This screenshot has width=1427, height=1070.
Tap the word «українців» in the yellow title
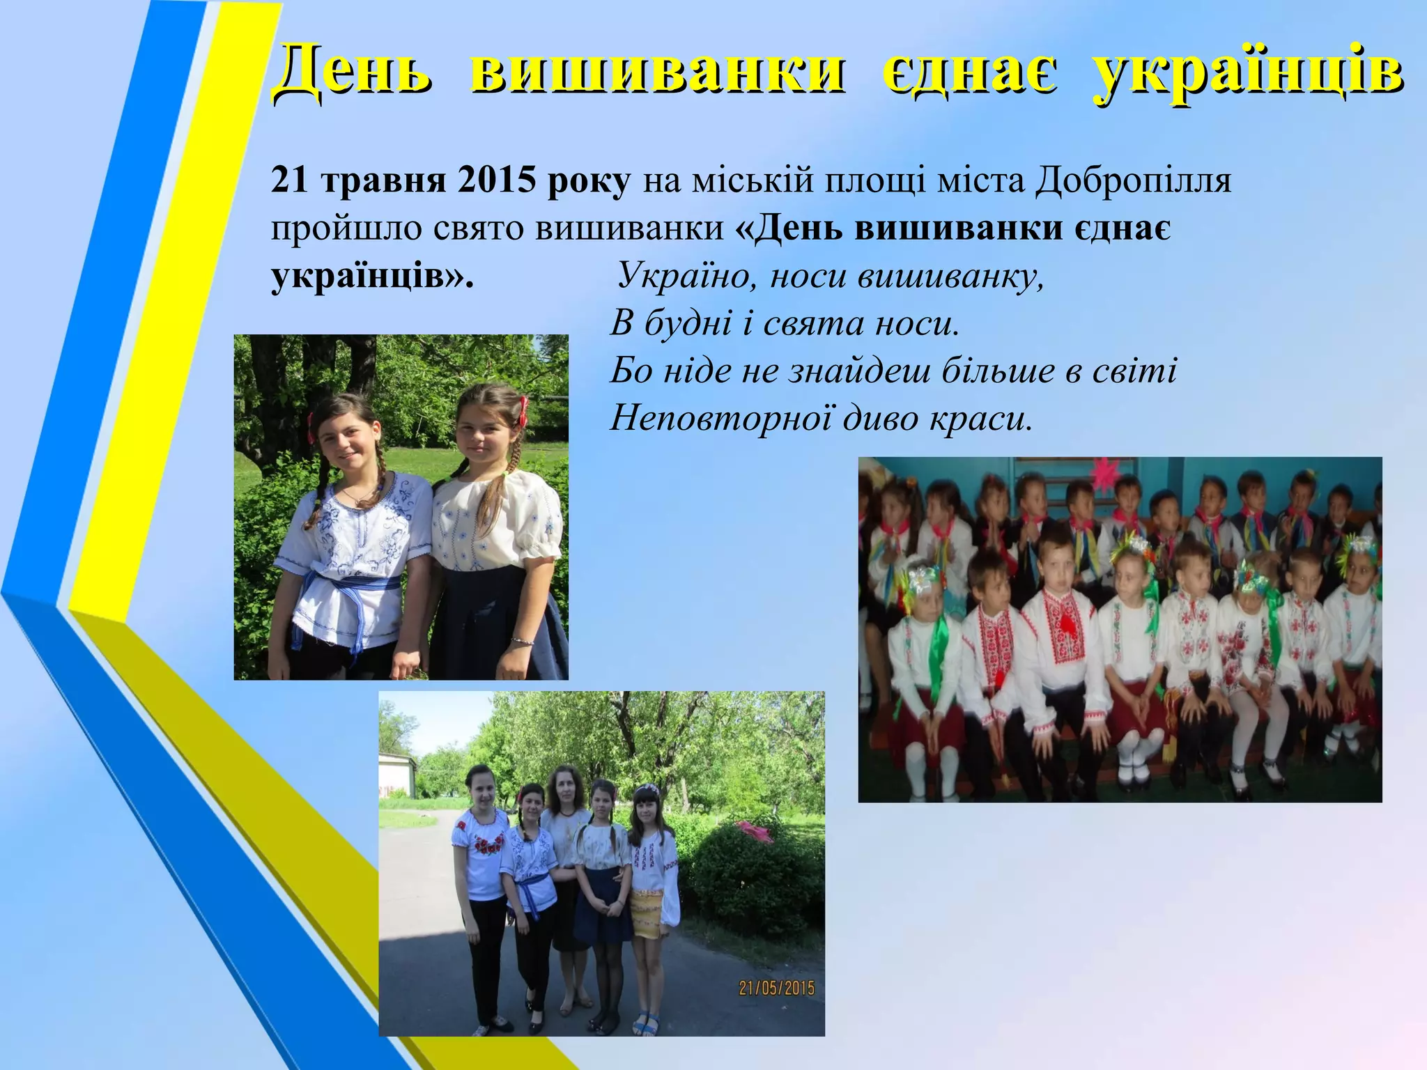pos(1247,74)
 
